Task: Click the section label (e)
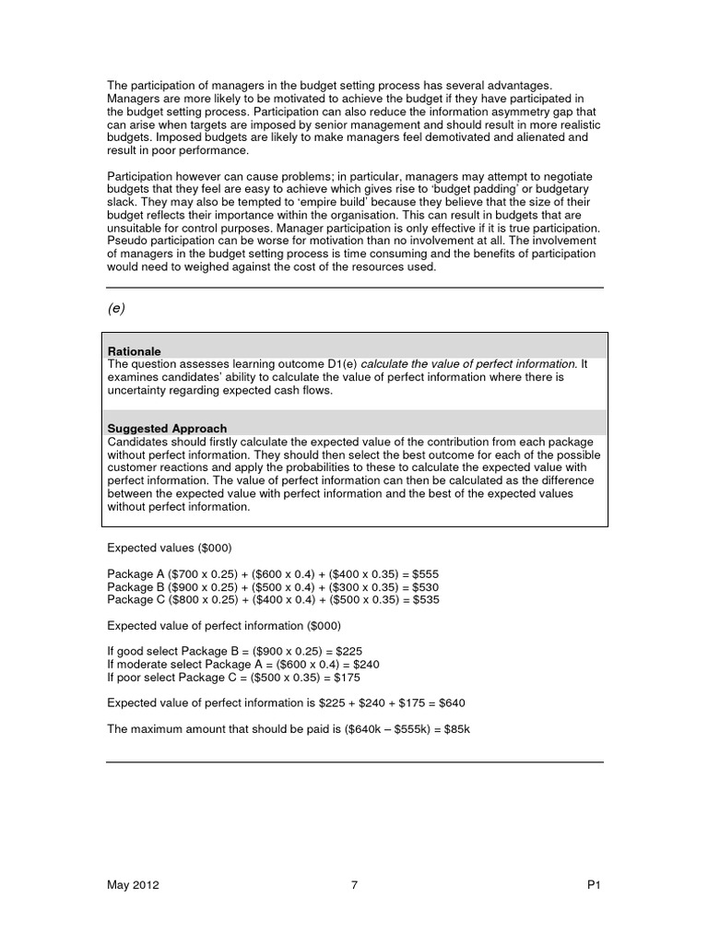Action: click(x=116, y=309)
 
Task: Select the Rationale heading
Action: click(x=135, y=351)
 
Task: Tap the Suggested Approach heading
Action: click(x=167, y=429)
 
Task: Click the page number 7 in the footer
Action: click(x=354, y=885)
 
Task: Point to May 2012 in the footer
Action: click(x=134, y=885)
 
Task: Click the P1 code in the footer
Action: click(x=594, y=885)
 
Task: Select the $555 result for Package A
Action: click(x=427, y=573)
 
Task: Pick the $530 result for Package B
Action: click(x=427, y=586)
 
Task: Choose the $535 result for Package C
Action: click(x=427, y=599)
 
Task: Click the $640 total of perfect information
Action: click(x=452, y=702)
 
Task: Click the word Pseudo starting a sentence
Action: click(x=127, y=241)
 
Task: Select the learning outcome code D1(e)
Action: click(x=336, y=364)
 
